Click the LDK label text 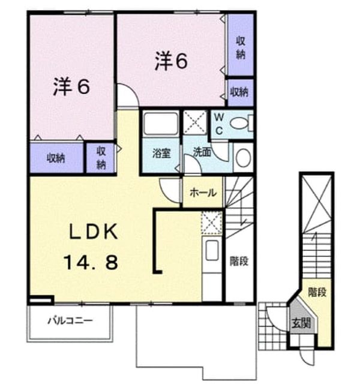94,232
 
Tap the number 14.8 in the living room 91,262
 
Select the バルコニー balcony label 70,320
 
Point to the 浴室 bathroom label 161,153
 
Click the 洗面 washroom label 202,152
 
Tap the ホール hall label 203,193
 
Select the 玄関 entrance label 301,323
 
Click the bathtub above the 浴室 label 161,123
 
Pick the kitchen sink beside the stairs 212,250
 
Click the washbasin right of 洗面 243,157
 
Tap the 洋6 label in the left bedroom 71,87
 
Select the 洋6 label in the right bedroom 171,61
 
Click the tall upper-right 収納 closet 241,45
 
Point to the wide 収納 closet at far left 56,158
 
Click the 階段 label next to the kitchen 239,262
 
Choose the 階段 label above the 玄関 317,292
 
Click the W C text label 219,124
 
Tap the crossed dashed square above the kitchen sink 212,223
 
